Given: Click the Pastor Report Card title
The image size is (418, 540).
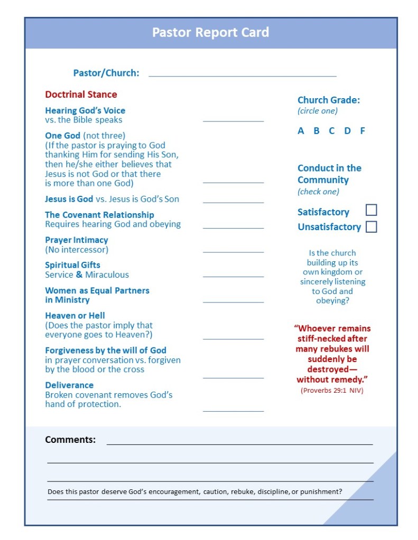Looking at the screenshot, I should click(x=210, y=33).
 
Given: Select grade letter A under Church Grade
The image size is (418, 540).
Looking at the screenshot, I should click(x=301, y=131).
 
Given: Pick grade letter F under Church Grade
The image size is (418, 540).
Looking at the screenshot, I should click(x=363, y=131).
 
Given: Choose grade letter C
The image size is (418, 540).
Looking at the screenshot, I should click(x=332, y=131).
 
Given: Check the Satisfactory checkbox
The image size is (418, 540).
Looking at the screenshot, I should click(x=371, y=210).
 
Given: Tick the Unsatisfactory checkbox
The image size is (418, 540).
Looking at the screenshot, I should click(x=371, y=227).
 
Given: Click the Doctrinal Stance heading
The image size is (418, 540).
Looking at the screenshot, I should click(x=81, y=94).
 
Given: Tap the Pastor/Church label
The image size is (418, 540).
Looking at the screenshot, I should click(x=106, y=73).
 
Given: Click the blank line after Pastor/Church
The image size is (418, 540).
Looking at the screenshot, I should click(x=243, y=75).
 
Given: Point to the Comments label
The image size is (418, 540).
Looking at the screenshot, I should click(x=70, y=440).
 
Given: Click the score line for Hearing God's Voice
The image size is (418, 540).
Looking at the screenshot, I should click(x=233, y=120).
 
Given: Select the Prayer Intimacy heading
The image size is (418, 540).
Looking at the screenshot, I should click(x=76, y=240).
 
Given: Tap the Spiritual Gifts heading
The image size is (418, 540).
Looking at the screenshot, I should click(x=72, y=265).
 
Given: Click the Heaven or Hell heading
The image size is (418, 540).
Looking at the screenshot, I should click(x=75, y=316).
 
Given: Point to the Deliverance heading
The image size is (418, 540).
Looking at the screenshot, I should click(x=69, y=385).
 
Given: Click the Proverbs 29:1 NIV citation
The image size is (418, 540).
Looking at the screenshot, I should click(x=332, y=391).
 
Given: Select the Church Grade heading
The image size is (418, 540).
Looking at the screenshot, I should click(x=328, y=100).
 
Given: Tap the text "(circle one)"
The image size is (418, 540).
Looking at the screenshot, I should click(x=317, y=111).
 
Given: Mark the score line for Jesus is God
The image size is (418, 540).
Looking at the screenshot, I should click(x=233, y=202).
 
